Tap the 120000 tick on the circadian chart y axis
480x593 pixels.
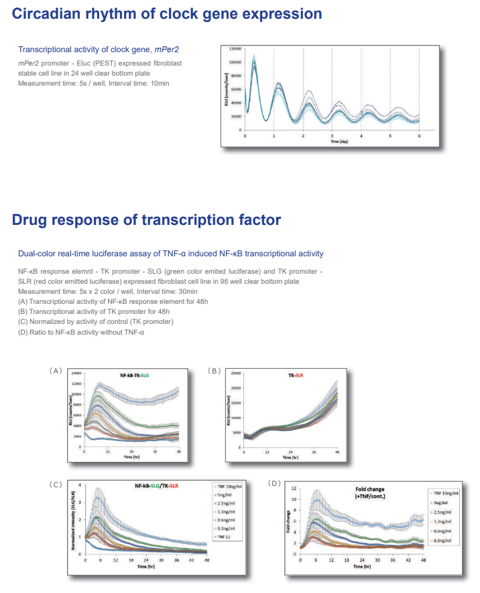(x=235, y=49)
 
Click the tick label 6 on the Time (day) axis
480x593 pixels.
(x=420, y=136)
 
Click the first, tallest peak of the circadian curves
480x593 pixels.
(x=254, y=60)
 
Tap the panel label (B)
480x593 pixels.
(x=214, y=369)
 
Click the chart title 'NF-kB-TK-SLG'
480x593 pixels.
(x=135, y=377)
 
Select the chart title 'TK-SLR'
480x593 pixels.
(x=295, y=375)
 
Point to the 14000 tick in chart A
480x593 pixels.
(x=76, y=372)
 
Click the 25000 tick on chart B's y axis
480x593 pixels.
(x=236, y=373)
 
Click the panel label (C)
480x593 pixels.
(x=55, y=483)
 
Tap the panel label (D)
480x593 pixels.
(x=275, y=483)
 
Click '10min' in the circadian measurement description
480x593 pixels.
(x=158, y=83)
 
